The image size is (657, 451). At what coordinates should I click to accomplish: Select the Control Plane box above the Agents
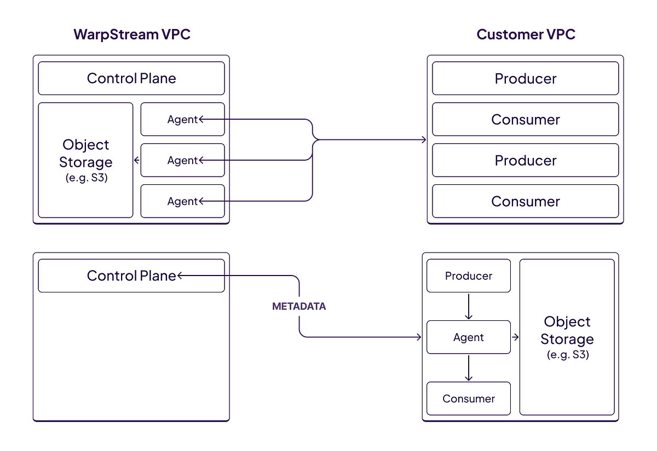131,78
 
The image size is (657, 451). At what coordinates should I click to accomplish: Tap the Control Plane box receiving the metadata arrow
131,276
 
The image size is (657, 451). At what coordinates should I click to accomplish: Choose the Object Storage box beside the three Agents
85,160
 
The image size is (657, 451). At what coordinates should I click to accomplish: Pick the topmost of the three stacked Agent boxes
182,119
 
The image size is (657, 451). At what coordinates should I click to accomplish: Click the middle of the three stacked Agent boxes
182,160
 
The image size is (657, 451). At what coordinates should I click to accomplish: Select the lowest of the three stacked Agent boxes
182,201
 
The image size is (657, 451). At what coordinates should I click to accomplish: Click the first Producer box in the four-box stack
526,78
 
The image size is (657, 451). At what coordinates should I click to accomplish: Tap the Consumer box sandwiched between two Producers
526,119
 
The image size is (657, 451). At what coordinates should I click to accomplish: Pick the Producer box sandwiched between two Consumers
526,160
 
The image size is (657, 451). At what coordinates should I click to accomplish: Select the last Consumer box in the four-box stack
526,201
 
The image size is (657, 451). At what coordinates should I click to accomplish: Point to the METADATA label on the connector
299,307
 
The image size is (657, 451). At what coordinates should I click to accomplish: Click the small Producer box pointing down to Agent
469,276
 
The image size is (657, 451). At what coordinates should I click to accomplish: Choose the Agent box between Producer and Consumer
469,337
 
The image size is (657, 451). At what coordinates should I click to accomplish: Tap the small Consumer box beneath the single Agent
469,399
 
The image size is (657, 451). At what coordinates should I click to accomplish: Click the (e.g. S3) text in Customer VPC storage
567,354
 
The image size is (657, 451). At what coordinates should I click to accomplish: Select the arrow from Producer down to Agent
469,307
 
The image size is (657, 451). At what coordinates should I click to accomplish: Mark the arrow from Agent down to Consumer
469,368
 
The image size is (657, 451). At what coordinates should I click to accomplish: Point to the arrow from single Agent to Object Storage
515,337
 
